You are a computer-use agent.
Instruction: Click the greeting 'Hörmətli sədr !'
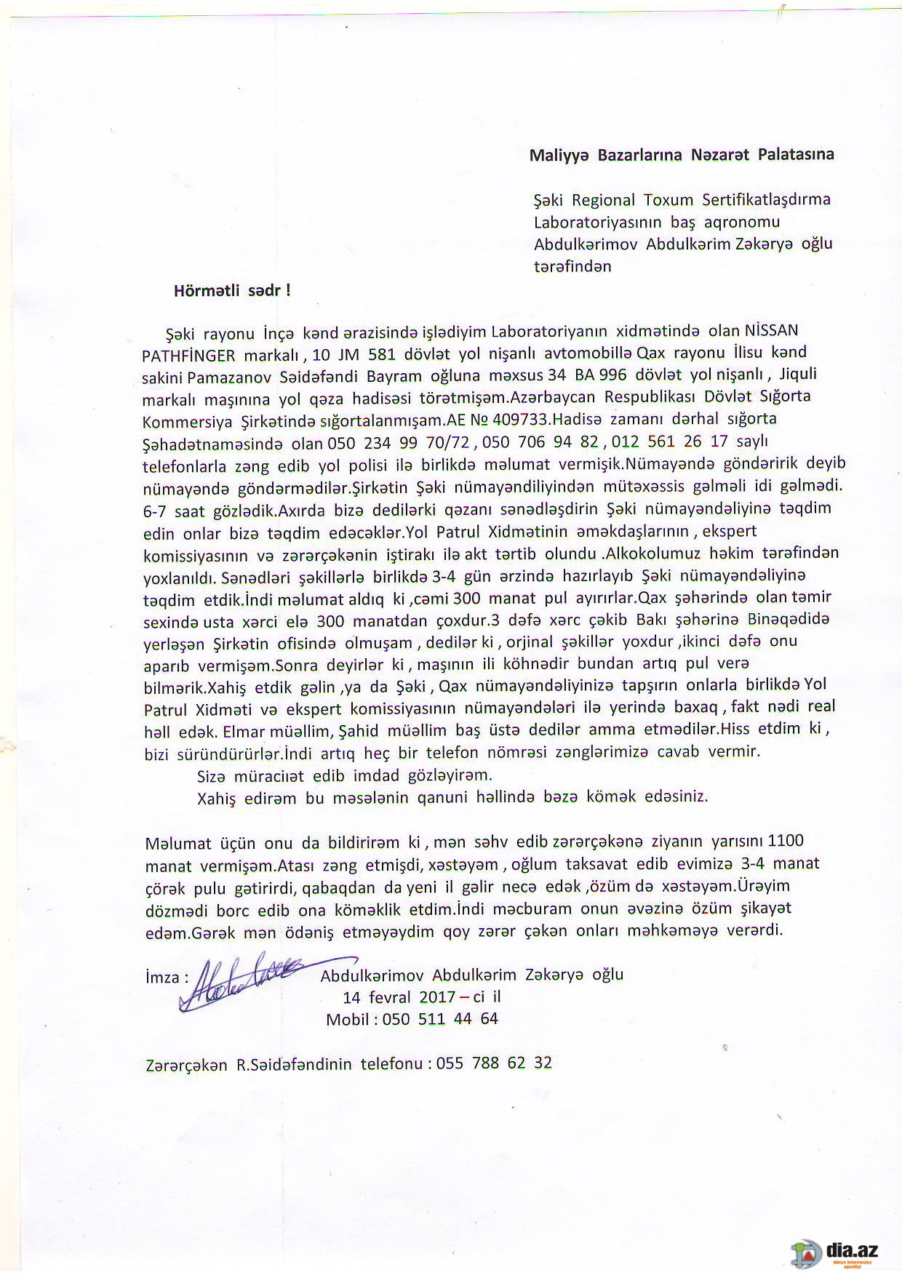click(232, 290)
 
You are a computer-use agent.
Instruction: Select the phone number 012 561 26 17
click(669, 441)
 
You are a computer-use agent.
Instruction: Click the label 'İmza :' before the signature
click(167, 977)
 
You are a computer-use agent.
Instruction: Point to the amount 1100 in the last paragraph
click(786, 841)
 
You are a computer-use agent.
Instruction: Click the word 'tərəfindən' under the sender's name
click(572, 266)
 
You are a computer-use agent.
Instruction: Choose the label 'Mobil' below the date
click(348, 1019)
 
